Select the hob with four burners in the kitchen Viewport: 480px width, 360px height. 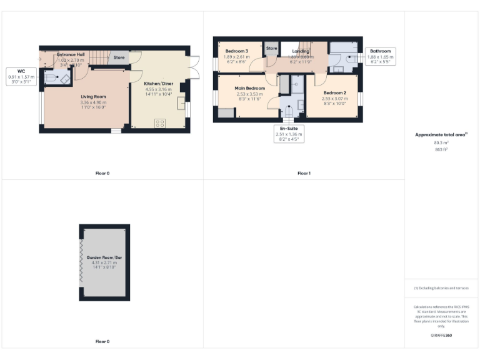click(159, 122)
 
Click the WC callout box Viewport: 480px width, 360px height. click(21, 76)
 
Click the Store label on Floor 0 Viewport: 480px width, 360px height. click(119, 57)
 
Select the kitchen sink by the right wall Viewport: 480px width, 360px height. click(181, 103)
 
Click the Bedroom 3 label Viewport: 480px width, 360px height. click(237, 51)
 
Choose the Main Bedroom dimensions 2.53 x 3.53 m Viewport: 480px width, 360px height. click(249, 94)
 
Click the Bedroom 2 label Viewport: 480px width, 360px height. click(334, 92)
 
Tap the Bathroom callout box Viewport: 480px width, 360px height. click(379, 56)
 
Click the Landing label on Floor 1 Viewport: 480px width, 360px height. click(301, 51)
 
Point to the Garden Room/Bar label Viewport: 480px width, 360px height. click(104, 257)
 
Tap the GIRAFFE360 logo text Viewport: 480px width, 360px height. click(441, 336)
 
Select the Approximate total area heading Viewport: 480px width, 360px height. click(441, 134)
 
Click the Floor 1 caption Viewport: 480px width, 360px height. click(304, 173)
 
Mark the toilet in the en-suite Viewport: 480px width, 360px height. click(289, 112)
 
